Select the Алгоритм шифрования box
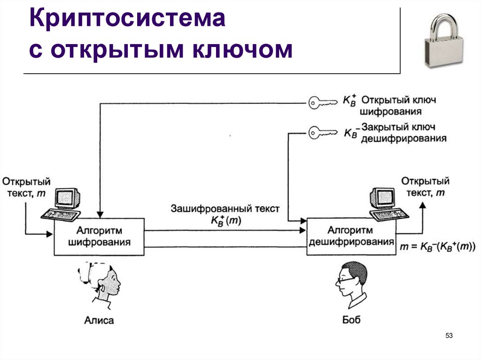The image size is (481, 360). click(100, 237)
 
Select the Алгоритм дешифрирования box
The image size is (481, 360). click(350, 237)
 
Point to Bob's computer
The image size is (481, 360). click(386, 204)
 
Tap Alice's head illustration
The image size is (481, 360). click(101, 281)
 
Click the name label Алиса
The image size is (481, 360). click(99, 321)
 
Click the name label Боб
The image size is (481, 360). click(351, 321)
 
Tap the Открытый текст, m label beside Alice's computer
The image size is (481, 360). click(26, 187)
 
